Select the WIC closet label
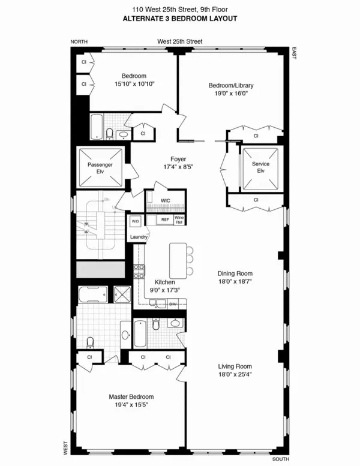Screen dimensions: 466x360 point(165,200)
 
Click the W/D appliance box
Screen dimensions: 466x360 point(136,220)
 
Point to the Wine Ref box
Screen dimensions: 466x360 point(187,220)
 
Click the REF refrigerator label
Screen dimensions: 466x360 point(165,220)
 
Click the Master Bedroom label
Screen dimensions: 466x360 point(131,397)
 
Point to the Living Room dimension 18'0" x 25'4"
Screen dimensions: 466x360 point(234,375)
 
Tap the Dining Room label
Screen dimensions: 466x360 point(234,273)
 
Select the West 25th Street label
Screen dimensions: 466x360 point(179,41)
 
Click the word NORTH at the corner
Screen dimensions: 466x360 point(79,41)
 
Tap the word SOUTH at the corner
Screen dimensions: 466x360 point(280,459)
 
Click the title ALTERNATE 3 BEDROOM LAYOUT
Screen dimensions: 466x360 point(179,19)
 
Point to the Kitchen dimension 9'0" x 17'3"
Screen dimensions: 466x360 point(164,290)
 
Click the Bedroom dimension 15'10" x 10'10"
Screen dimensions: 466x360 point(134,85)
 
